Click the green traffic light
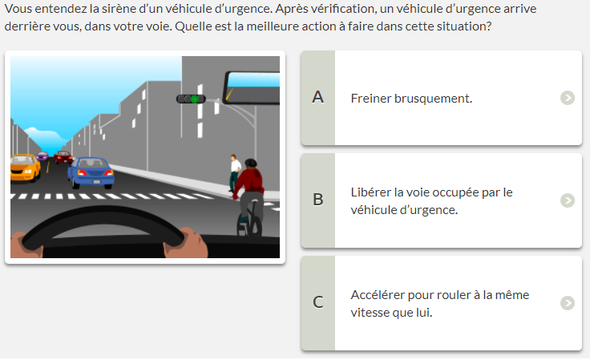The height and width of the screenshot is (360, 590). pos(195,99)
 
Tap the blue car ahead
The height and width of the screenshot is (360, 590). pos(91,172)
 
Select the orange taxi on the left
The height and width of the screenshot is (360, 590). pos(25,168)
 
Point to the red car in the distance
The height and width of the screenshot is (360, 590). pos(63,157)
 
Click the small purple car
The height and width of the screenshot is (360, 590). pos(42,156)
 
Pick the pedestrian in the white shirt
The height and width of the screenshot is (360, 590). pos(235,173)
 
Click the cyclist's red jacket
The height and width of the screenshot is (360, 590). pos(249,181)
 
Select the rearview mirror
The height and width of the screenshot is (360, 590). pos(252,87)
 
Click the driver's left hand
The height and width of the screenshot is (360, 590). pos(26,245)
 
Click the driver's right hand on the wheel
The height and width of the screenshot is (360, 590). pos(185,243)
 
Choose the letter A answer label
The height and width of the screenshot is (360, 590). pos(318,98)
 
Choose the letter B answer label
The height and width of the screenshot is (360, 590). pos(318,200)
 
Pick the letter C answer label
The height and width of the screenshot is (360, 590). pos(318,302)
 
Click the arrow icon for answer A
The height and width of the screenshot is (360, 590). pos(568,98)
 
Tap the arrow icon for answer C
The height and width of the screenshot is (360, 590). pos(568,303)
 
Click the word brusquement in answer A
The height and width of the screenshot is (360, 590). pos(433,99)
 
